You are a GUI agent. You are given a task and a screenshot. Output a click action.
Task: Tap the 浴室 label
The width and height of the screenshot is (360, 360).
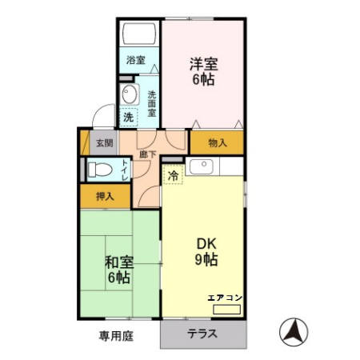pos(135,60)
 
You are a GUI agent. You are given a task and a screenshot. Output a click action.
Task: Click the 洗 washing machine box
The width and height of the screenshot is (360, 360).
pos(128,118)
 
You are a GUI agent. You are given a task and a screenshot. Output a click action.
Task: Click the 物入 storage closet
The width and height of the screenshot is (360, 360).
pos(216,143)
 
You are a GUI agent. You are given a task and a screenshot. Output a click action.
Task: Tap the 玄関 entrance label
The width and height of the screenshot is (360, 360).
pos(105,144)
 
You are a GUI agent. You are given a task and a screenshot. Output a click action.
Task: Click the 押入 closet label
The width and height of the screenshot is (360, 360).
pos(105,196)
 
